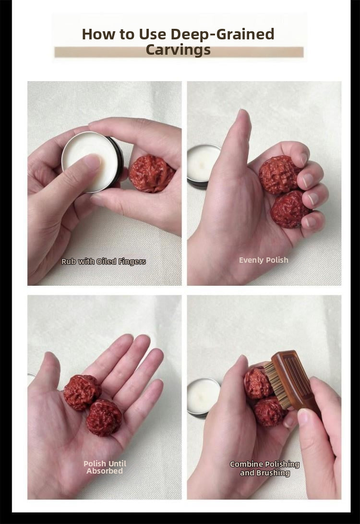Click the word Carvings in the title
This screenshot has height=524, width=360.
178,50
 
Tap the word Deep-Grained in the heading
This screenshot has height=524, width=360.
222,34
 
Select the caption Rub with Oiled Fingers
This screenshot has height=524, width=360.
104,261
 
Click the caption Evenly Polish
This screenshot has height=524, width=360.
264,260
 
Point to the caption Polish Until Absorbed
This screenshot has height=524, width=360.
105,467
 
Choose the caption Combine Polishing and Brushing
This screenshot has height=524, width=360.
264,468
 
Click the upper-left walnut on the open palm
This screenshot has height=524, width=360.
82,392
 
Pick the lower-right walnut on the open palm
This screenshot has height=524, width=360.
104,418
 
